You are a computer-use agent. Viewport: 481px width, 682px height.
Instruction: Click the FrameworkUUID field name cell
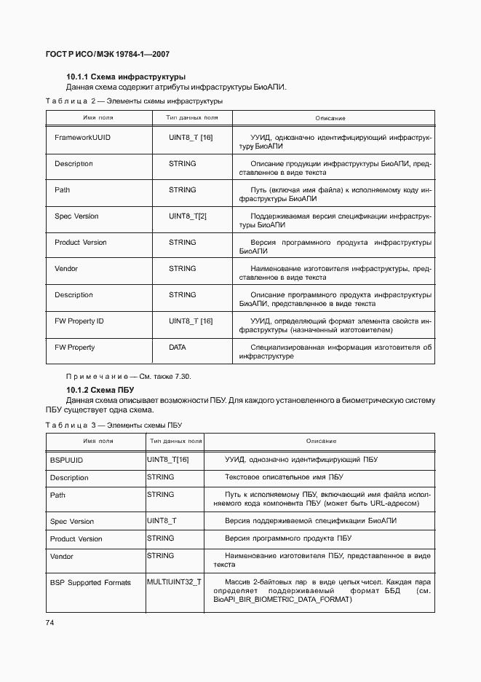click(x=82, y=137)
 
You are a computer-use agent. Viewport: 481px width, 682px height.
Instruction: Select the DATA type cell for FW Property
click(x=178, y=348)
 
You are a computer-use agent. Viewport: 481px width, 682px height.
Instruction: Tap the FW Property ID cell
click(x=79, y=321)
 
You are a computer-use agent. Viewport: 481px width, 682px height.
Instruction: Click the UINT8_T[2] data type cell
click(x=188, y=216)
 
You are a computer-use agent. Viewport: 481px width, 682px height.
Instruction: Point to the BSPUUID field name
click(x=66, y=460)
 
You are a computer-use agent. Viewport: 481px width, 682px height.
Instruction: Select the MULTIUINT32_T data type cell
click(x=175, y=582)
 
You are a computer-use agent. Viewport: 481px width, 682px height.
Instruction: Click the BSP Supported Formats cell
click(x=90, y=583)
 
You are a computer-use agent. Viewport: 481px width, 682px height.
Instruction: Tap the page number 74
click(x=49, y=622)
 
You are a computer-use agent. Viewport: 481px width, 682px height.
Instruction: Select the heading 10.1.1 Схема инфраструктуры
click(x=126, y=77)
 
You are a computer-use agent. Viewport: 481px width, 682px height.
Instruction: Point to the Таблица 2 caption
click(x=134, y=101)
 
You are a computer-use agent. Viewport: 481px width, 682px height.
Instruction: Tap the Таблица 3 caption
click(x=114, y=425)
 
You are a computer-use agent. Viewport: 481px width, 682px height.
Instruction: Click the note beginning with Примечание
click(x=129, y=376)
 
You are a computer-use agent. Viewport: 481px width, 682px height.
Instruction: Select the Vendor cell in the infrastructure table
click(x=65, y=269)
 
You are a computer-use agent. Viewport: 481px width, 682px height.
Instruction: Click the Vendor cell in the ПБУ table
click(x=62, y=557)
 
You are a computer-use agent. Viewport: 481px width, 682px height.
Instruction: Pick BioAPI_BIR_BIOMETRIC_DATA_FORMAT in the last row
click(x=282, y=600)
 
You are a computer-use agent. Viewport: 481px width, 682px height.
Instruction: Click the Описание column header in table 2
click(x=330, y=118)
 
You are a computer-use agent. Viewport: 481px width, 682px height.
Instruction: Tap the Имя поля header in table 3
click(x=98, y=442)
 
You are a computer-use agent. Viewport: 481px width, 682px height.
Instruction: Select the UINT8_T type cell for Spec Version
click(x=162, y=521)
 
